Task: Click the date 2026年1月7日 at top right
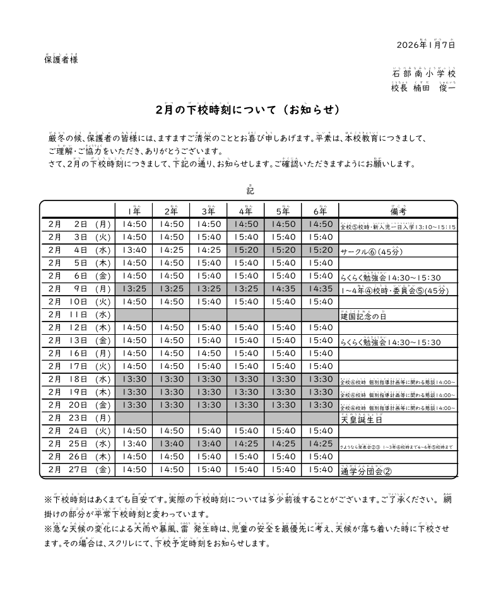(x=426, y=45)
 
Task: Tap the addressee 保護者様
(x=61, y=60)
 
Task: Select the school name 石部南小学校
(x=423, y=74)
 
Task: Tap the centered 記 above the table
(x=250, y=190)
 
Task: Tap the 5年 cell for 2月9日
(x=283, y=289)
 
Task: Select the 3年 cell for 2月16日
(x=209, y=353)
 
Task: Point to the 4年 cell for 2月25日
(x=246, y=444)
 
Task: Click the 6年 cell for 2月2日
(x=321, y=224)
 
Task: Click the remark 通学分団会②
(x=366, y=471)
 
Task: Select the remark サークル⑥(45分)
(x=371, y=252)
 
